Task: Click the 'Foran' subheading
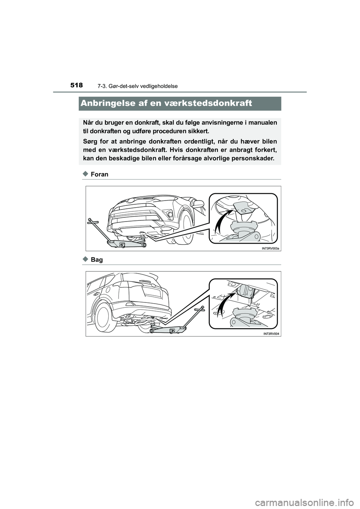point(99,174)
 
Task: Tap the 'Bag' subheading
point(97,260)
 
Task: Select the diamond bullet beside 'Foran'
point(85,174)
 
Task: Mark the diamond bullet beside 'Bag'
point(85,259)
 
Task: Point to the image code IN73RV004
point(271,334)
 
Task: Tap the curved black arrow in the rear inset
point(224,304)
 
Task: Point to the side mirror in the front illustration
point(198,204)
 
